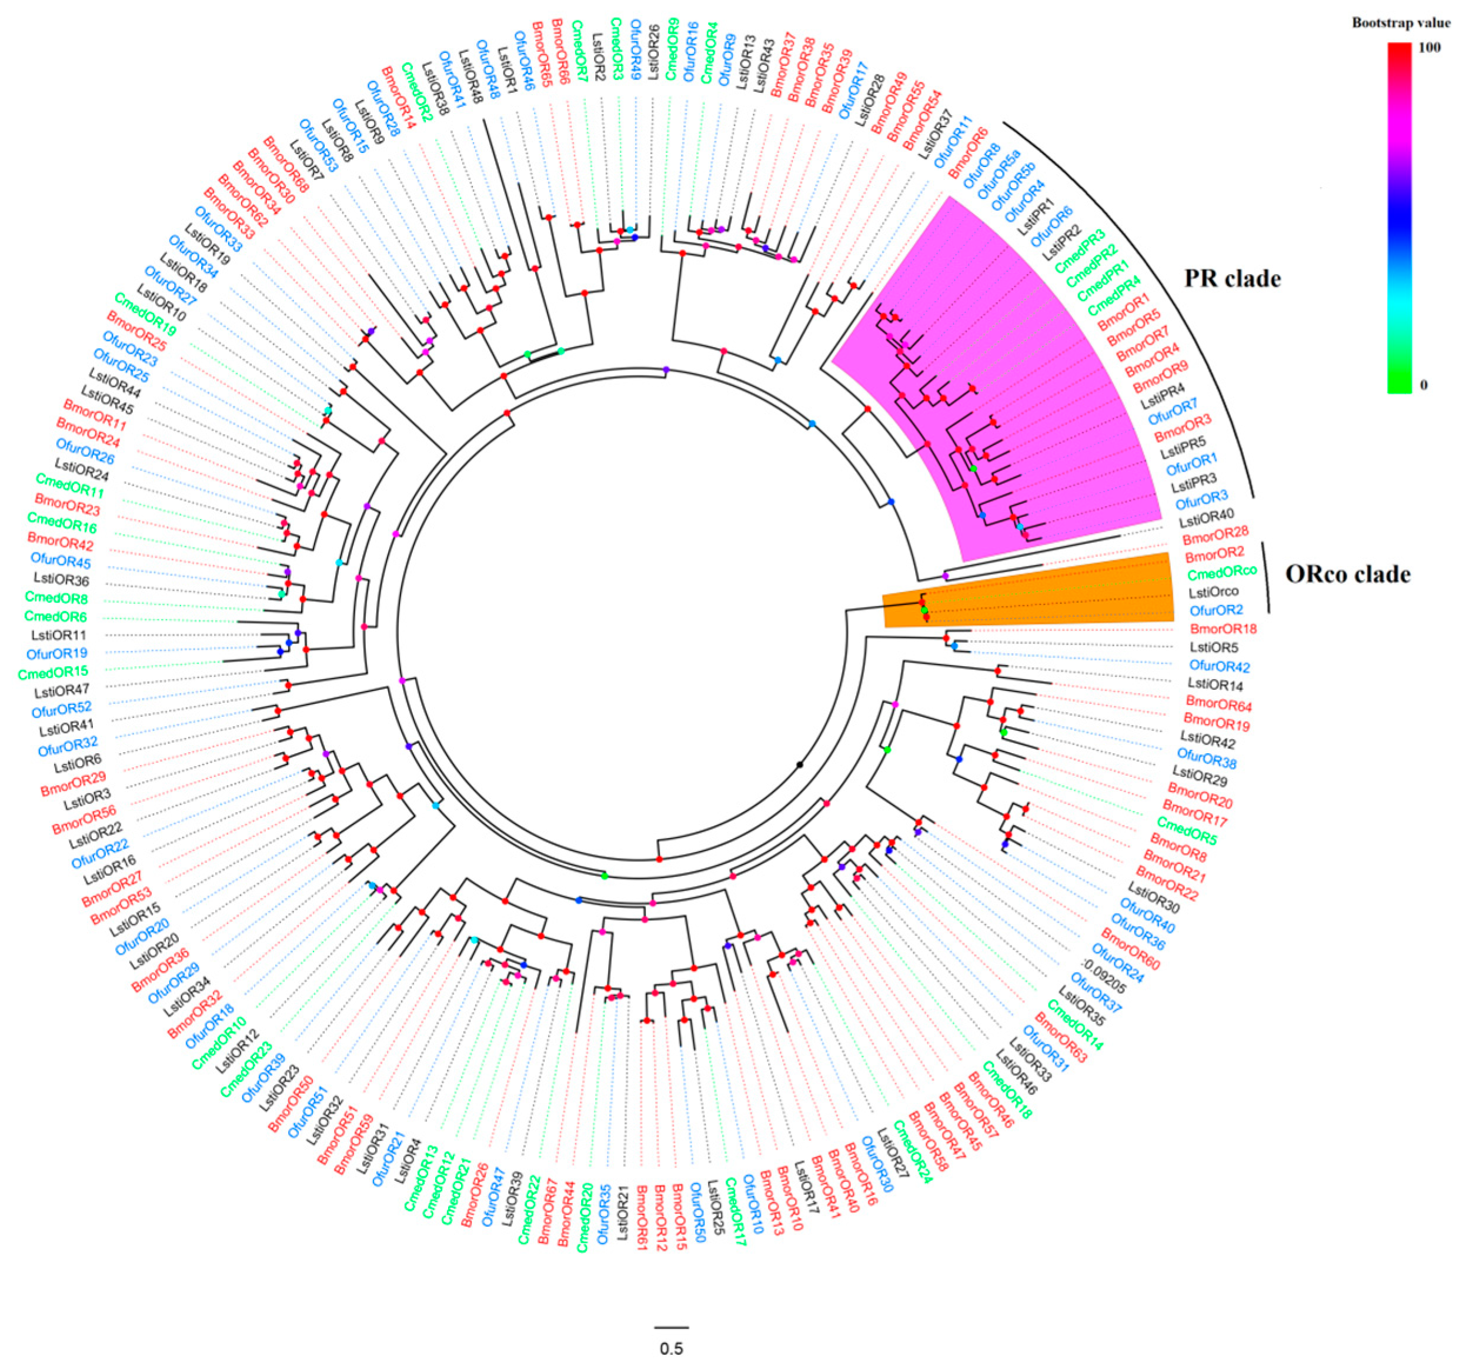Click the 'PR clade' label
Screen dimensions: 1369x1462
[x=1232, y=279]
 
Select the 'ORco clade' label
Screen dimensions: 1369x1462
[x=1347, y=574]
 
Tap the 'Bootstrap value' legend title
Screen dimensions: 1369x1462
[x=1400, y=23]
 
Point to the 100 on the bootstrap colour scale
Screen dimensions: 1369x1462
[x=1429, y=48]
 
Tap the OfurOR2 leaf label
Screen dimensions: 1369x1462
[x=1216, y=610]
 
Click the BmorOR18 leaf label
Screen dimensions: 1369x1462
[x=1223, y=629]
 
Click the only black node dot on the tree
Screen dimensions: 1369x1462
[x=799, y=766]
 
